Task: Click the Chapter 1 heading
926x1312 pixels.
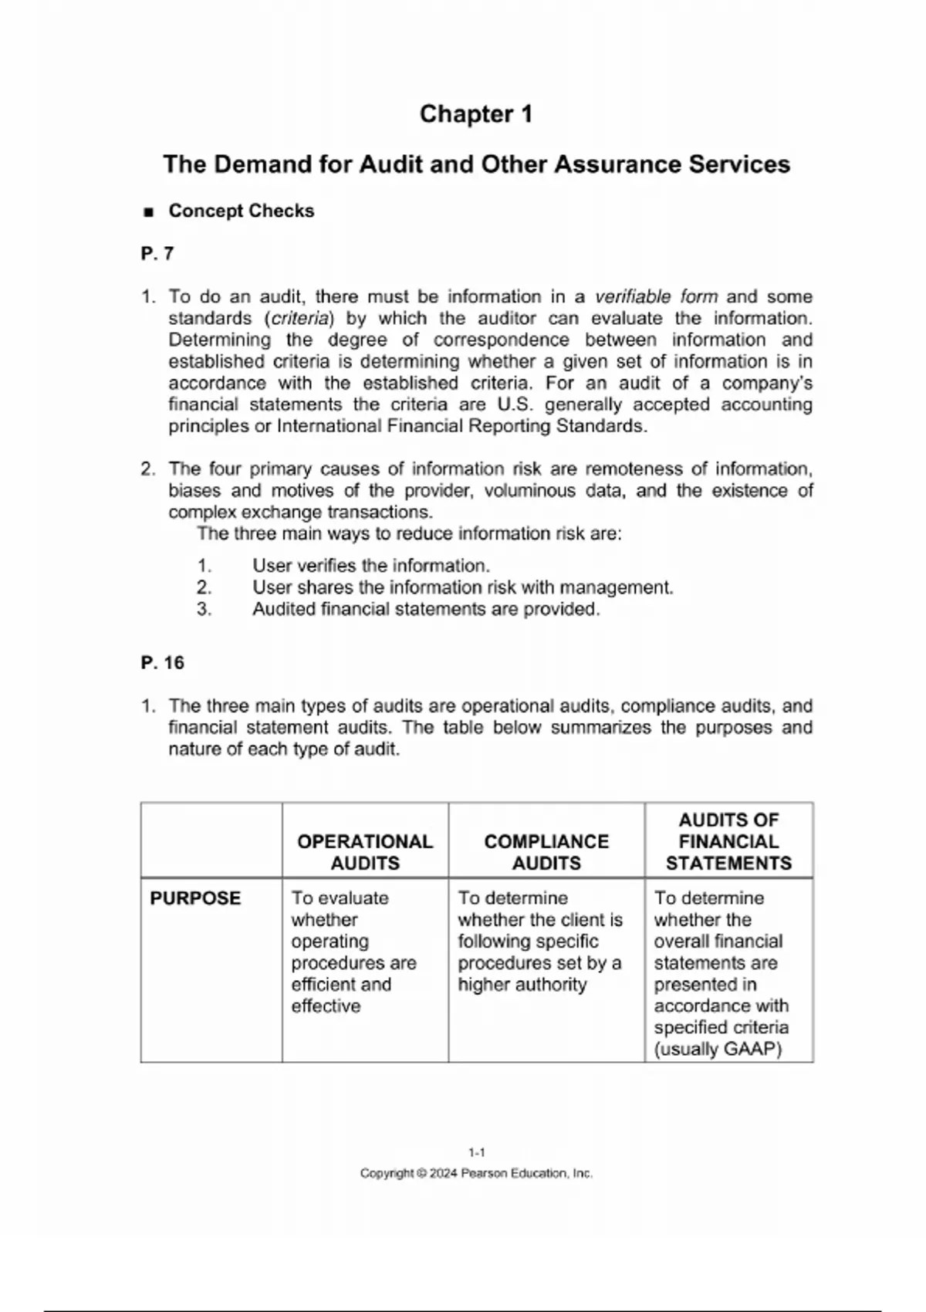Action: coord(476,114)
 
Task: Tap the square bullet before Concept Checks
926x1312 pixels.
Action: coord(149,212)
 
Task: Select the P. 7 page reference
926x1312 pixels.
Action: coord(157,254)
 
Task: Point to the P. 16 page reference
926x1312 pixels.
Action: coord(163,663)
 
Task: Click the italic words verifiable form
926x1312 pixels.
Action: coord(656,297)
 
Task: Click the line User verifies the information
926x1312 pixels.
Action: coord(370,566)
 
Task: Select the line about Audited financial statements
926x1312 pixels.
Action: coord(425,610)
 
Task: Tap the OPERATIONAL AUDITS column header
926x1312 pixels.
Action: coord(365,852)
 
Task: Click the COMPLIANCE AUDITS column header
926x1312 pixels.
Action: coord(546,852)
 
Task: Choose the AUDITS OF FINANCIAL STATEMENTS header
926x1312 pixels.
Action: coord(728,841)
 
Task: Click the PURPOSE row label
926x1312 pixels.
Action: coord(195,898)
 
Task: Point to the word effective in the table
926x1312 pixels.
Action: coord(326,1006)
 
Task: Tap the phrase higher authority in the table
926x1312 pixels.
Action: coord(522,985)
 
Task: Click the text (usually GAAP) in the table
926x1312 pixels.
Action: coord(718,1050)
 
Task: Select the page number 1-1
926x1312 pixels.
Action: coord(476,1153)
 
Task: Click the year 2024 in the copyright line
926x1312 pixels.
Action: coord(444,1174)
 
